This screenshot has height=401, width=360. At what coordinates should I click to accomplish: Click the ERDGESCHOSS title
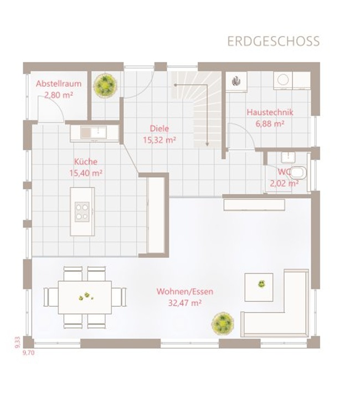point(274,42)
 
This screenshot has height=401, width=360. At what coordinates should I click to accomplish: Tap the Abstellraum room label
point(59,84)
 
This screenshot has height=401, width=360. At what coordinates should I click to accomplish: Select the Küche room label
point(86,162)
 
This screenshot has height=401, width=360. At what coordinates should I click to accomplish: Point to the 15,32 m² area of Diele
point(160,140)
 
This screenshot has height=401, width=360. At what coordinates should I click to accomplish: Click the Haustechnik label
point(270,112)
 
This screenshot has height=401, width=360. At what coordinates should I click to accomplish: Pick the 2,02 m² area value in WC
point(284,184)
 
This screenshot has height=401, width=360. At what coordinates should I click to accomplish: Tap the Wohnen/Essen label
point(185,291)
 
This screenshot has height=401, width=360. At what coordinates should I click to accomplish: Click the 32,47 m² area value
point(185,303)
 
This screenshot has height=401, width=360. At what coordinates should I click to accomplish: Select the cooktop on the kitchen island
point(82,212)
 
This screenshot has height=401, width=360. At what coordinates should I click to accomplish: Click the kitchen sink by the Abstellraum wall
point(94,132)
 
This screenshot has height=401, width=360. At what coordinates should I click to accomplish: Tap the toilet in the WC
point(297,173)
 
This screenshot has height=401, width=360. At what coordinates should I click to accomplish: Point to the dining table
point(85,297)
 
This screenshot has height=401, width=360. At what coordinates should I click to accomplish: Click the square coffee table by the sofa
point(259,287)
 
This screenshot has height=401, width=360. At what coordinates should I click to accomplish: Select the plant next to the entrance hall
point(105,85)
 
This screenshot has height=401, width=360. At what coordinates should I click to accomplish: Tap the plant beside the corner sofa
point(223,323)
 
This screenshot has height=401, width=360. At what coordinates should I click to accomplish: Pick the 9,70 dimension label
point(29,353)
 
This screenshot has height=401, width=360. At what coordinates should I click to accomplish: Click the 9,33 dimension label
point(17,342)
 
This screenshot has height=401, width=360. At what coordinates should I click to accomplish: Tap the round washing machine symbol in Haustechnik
point(283,80)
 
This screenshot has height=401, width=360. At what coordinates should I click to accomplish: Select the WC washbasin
point(288,157)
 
